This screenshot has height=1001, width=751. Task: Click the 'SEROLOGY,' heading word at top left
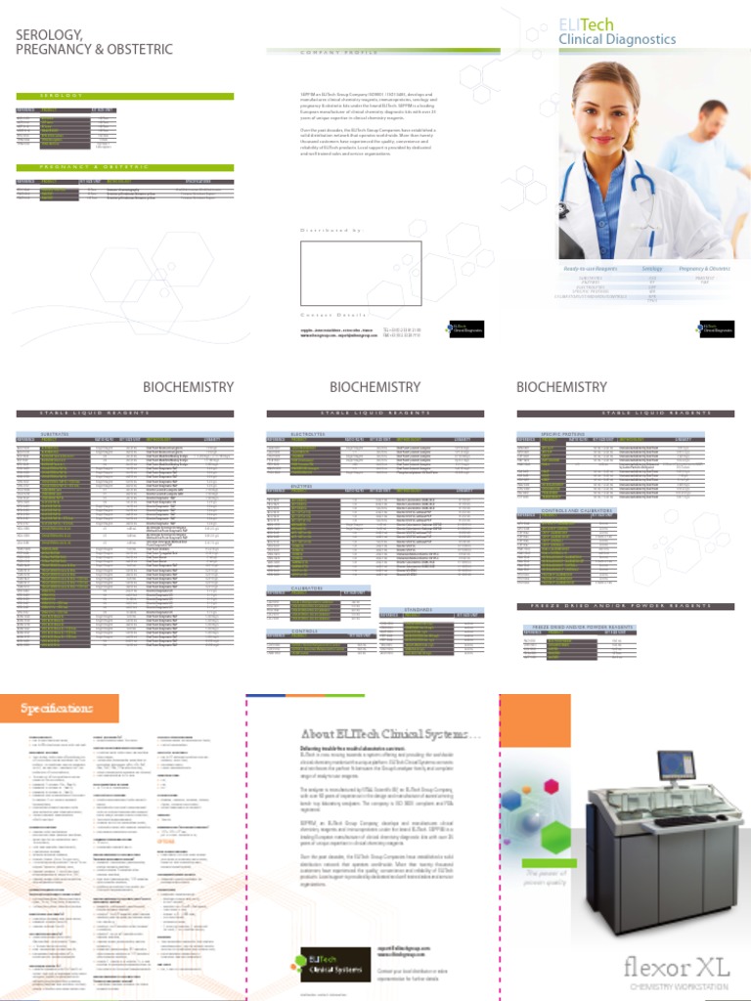click(x=48, y=34)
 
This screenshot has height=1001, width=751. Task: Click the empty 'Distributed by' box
click(x=361, y=272)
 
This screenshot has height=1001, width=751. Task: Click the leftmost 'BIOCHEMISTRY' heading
click(x=188, y=387)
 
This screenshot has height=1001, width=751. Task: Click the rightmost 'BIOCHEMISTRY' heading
click(x=561, y=387)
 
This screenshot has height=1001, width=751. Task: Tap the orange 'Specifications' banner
click(x=59, y=708)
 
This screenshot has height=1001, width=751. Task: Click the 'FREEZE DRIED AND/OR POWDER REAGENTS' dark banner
click(x=627, y=607)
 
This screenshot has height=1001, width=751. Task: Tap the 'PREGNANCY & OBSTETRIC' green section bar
click(x=125, y=167)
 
